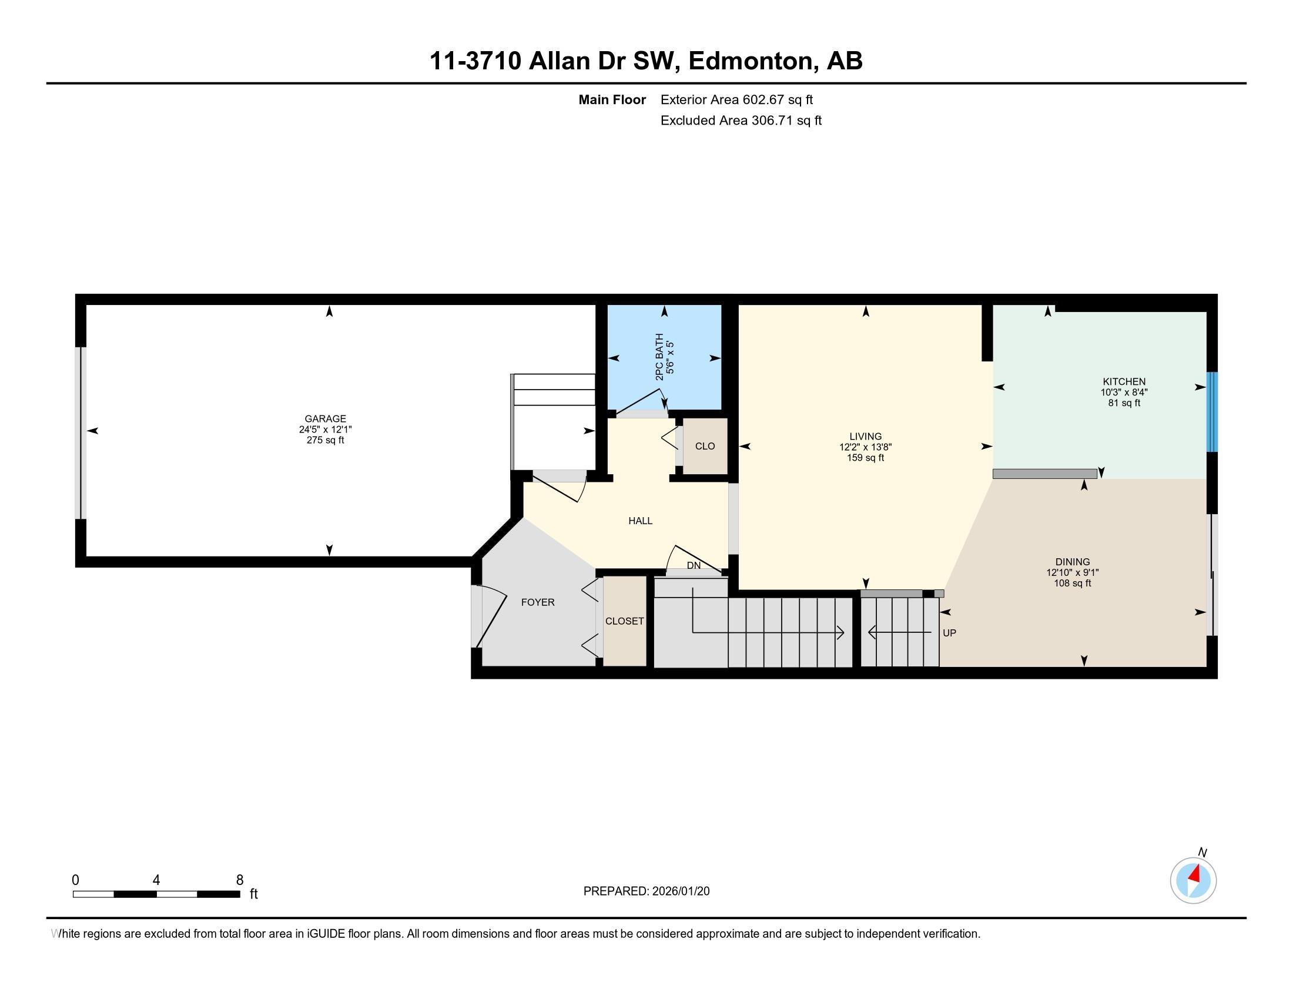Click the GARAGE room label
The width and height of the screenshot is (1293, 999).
(x=325, y=419)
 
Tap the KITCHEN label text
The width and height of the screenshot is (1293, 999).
(x=1124, y=382)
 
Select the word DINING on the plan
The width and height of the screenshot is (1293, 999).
(x=1072, y=562)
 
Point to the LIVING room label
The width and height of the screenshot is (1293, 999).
(x=865, y=437)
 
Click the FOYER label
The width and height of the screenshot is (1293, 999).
(x=538, y=602)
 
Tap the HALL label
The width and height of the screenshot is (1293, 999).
(x=640, y=521)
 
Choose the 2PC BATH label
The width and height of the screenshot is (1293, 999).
(x=659, y=357)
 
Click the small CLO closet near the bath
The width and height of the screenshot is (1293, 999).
(x=705, y=446)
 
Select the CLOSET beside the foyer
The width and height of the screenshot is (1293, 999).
(x=624, y=621)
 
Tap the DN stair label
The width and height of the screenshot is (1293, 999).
(x=694, y=566)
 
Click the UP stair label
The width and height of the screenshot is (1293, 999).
(x=949, y=633)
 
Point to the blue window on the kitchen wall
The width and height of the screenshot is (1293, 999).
(x=1212, y=412)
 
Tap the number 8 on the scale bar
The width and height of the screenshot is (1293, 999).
(x=240, y=880)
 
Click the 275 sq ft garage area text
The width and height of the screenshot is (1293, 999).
(x=325, y=440)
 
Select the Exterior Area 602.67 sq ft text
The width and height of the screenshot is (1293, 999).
(x=736, y=100)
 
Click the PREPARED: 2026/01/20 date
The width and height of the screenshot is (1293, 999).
(x=646, y=891)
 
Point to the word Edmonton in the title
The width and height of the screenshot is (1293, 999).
(x=751, y=61)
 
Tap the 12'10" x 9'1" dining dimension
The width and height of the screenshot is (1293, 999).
(x=1072, y=572)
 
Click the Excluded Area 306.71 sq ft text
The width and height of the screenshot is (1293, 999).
(x=741, y=120)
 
